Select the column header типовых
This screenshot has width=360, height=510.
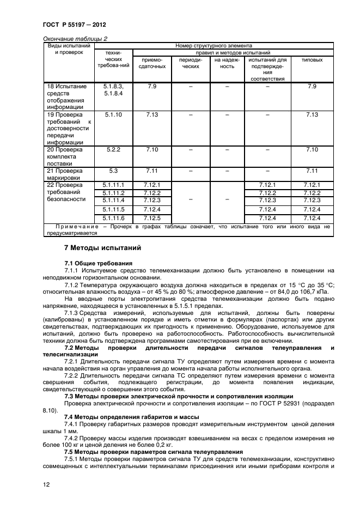(x=312, y=60)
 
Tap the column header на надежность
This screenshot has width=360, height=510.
(x=227, y=63)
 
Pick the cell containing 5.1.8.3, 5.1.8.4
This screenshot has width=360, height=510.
(x=113, y=90)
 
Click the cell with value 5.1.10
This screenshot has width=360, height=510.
(x=113, y=115)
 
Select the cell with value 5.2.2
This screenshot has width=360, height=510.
(x=113, y=149)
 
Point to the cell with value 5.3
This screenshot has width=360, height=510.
(x=113, y=171)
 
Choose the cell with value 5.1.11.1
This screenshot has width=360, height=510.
(x=113, y=185)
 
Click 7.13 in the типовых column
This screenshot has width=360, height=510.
(x=312, y=115)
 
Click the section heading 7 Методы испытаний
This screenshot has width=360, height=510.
(x=102, y=248)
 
